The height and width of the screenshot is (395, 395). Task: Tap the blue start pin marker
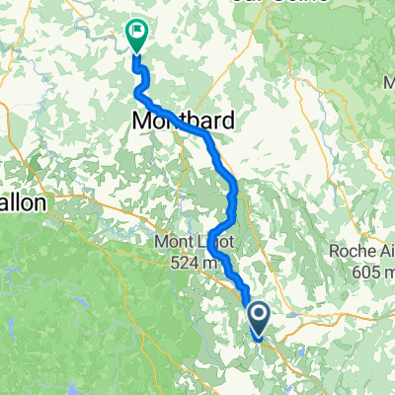pyautogui.click(x=260, y=319)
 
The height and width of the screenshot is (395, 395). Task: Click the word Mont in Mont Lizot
pyautogui.click(x=169, y=241)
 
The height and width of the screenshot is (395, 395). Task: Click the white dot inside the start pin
pyautogui.click(x=260, y=315)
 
